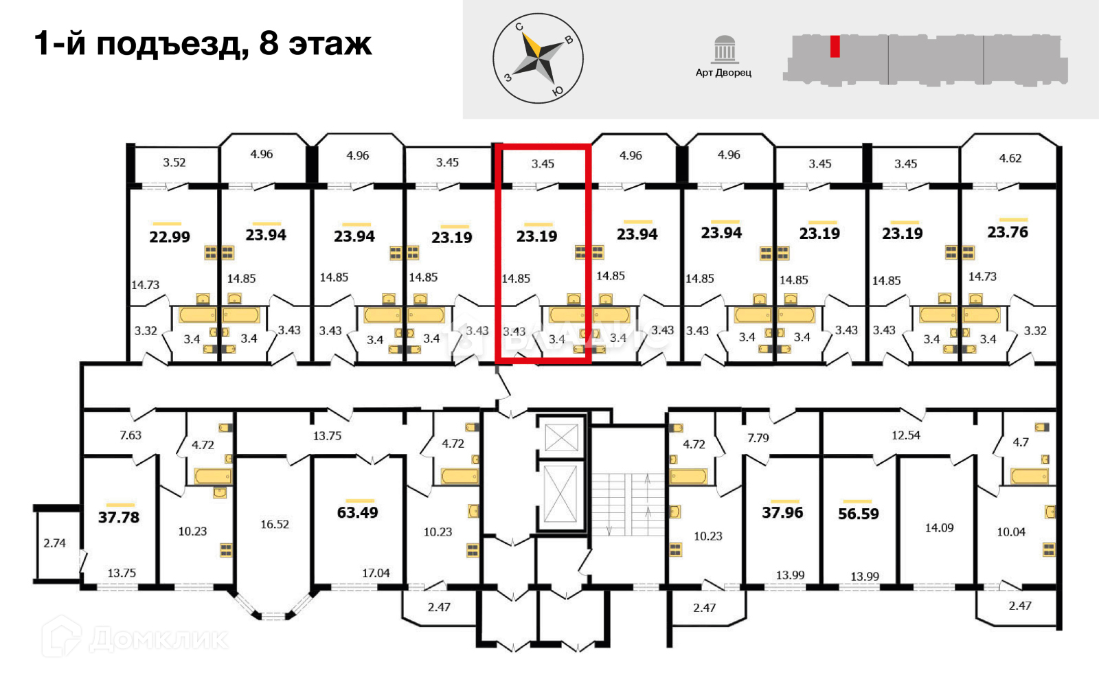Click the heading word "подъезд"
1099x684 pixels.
point(172,45)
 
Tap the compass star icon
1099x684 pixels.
point(538,58)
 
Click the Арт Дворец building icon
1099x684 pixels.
point(724,50)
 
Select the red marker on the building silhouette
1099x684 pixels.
point(835,46)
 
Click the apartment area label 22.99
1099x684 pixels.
point(170,237)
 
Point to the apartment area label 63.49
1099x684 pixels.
point(357,512)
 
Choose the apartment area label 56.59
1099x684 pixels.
point(858,514)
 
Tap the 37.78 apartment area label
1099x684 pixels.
point(119,517)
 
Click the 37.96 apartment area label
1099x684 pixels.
point(782,512)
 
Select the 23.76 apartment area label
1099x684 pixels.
point(1008,232)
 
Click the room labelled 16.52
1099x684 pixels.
point(274,525)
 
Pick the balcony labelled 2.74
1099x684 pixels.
point(55,543)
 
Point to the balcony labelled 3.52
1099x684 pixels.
point(174,163)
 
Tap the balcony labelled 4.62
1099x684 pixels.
point(1010,159)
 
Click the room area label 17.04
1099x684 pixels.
point(376,573)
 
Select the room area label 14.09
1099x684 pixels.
point(939,528)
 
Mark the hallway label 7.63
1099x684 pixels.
point(131,435)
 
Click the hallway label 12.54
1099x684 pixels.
point(905,435)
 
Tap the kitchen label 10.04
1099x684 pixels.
point(1011,532)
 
